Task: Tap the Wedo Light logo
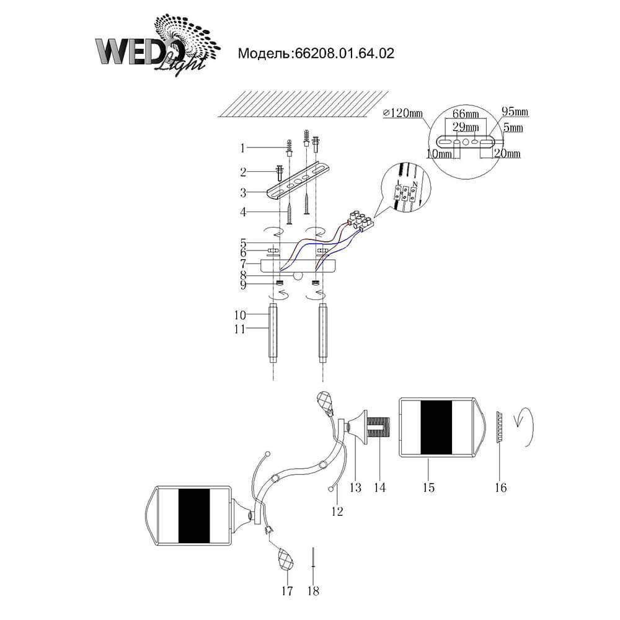(157, 44)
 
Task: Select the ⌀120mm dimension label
(402, 113)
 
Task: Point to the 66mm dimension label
(466, 114)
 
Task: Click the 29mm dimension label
(466, 127)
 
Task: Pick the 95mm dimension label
(515, 112)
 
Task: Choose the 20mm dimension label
(507, 153)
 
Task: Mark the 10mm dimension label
(440, 153)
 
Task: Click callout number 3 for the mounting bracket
(243, 193)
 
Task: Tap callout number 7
(243, 263)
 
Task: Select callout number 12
(337, 511)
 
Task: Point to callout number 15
(428, 487)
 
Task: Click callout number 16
(500, 487)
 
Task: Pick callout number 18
(313, 591)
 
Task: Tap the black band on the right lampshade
(436, 428)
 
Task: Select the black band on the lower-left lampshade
(194, 516)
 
